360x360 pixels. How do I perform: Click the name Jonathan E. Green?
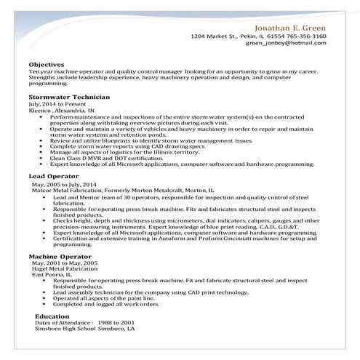coord(288,25)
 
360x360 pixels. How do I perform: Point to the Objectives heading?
coord(47,64)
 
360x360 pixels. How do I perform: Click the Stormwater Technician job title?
coord(69,97)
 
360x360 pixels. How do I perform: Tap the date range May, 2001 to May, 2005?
coord(63,264)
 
